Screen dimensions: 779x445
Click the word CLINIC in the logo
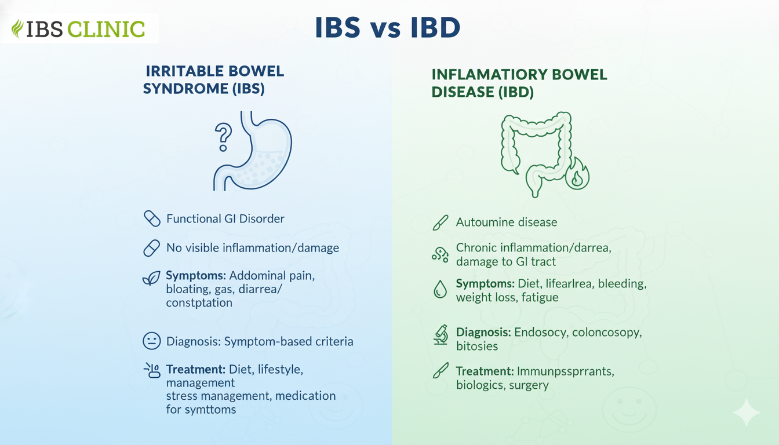click(106, 29)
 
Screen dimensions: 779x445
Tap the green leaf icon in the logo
click(17, 28)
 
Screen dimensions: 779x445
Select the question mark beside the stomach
click(223, 137)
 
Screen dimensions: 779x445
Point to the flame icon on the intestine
click(577, 174)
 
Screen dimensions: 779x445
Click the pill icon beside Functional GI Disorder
click(152, 218)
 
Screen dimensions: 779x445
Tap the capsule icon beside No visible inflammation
click(152, 248)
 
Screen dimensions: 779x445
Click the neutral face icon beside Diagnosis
click(152, 341)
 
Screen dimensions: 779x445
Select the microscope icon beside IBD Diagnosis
click(441, 335)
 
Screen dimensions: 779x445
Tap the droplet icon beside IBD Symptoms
click(441, 289)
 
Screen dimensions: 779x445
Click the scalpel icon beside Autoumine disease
click(441, 222)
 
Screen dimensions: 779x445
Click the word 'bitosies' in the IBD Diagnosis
click(477, 346)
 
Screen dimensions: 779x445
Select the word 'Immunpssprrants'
click(566, 371)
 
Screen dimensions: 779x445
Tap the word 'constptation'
click(199, 303)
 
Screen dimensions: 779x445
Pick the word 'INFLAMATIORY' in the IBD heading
click(489, 74)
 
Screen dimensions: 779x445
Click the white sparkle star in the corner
click(747, 413)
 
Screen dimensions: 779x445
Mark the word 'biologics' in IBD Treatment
click(480, 385)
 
